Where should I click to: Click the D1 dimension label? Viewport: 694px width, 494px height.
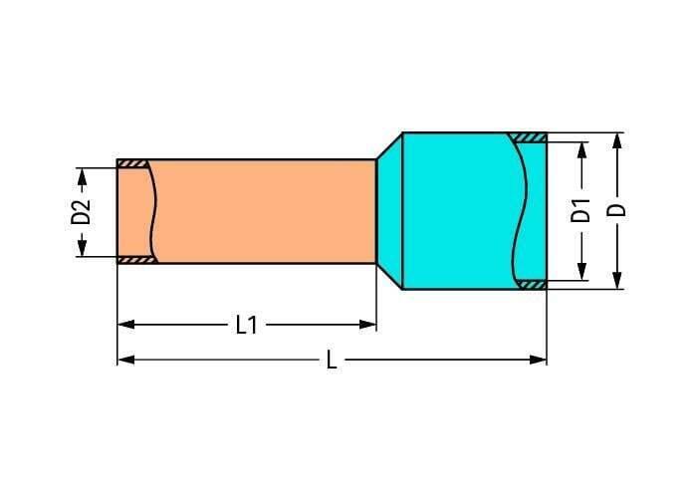[x=581, y=211]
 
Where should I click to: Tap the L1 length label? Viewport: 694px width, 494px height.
[x=246, y=325]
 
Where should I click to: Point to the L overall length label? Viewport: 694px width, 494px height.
[x=332, y=361]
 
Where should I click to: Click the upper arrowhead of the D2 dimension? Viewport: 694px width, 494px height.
[x=82, y=173]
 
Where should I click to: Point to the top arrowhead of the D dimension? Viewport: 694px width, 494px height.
[x=617, y=140]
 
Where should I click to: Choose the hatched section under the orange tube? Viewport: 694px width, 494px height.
[x=134, y=260]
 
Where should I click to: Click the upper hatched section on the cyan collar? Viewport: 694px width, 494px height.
[x=528, y=137]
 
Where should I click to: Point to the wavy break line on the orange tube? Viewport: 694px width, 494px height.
[x=152, y=211]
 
